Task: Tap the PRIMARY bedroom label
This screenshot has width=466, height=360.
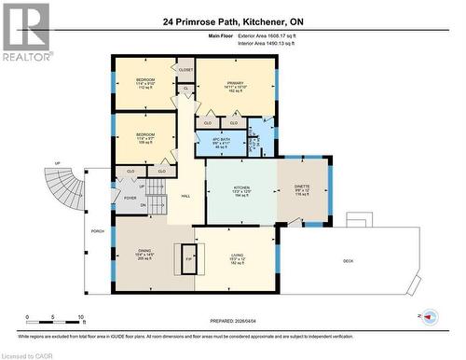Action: (234, 86)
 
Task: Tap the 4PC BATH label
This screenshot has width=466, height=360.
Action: (220, 143)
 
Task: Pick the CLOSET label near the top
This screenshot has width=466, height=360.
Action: (185, 70)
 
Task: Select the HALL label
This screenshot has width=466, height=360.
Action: (185, 196)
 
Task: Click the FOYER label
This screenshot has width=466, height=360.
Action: (130, 198)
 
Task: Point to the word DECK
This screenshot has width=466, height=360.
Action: (347, 261)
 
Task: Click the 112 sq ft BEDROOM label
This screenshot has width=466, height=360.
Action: (144, 83)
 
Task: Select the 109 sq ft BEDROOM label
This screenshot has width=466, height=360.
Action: (144, 138)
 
